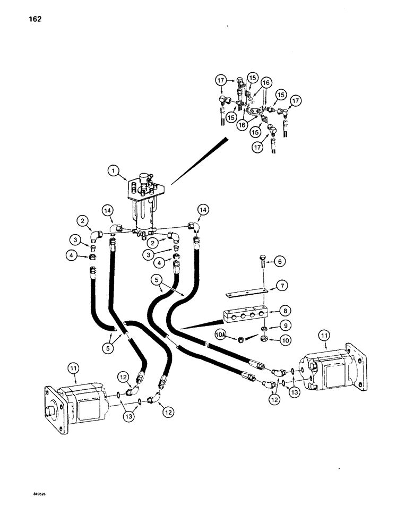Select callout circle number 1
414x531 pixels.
[x=113, y=172]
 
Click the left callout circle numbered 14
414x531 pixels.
[x=109, y=210]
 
